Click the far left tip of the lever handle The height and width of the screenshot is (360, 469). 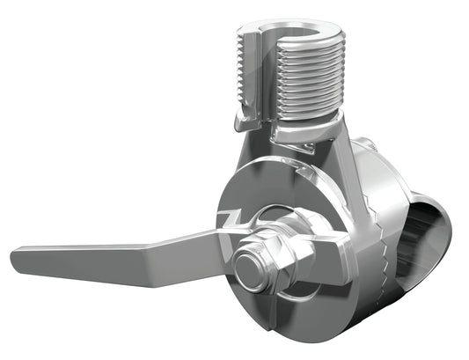(16, 258)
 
